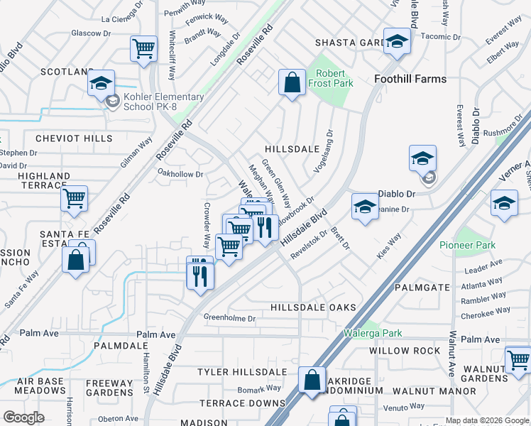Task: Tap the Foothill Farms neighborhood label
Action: (x=411, y=79)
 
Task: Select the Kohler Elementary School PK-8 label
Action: (x=163, y=102)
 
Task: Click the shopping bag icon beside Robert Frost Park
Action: (x=292, y=82)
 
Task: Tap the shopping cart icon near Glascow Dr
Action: (x=143, y=49)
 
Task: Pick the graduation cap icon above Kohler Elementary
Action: (x=102, y=82)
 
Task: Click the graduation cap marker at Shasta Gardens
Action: (x=398, y=42)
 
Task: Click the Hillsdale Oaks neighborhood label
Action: (x=313, y=307)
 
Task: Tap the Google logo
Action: (x=23, y=417)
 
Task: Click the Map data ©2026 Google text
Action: (x=487, y=420)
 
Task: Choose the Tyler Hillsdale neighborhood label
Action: (x=232, y=372)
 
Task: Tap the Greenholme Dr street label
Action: (x=229, y=318)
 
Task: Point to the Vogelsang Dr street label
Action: (x=323, y=151)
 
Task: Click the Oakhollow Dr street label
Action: (x=180, y=173)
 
